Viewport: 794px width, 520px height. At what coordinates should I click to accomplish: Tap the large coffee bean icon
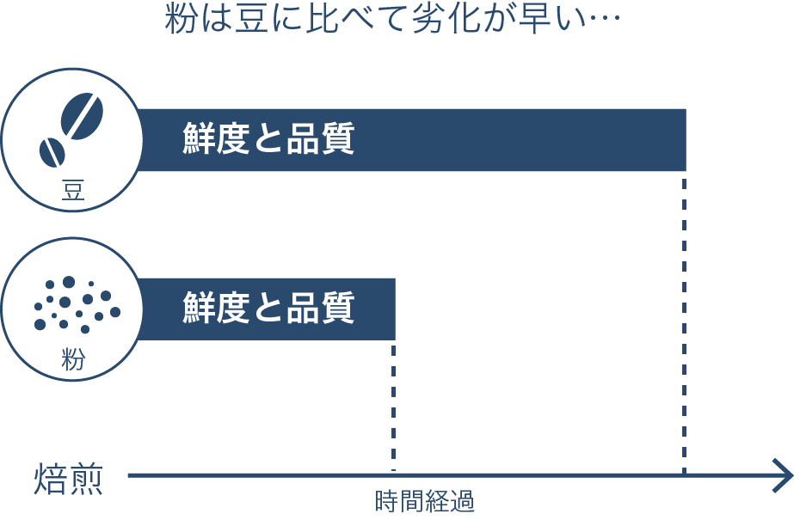(x=82, y=115)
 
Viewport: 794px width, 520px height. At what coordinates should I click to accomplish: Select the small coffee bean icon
(x=52, y=152)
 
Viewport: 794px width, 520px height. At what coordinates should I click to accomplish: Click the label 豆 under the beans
(x=73, y=190)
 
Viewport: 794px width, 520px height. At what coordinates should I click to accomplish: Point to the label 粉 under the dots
(x=73, y=359)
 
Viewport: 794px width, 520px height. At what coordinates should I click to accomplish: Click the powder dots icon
(x=77, y=304)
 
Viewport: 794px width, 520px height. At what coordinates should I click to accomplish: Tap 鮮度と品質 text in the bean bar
(x=268, y=138)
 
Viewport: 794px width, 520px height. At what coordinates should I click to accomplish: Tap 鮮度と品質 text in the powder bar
(x=268, y=307)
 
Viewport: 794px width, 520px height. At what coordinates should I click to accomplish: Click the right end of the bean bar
(x=686, y=140)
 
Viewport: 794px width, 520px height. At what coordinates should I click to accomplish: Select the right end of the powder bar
(x=395, y=309)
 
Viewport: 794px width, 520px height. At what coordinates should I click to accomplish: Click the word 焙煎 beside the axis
(x=68, y=479)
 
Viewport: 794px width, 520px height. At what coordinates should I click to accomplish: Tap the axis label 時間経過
(x=424, y=501)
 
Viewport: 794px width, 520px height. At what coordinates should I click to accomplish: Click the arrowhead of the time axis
(x=783, y=475)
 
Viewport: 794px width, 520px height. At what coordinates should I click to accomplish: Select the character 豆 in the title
(x=251, y=21)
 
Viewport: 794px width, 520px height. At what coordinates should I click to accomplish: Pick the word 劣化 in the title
(x=445, y=21)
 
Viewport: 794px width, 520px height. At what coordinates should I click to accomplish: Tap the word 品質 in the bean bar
(x=321, y=138)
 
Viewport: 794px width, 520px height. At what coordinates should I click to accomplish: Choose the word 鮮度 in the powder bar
(x=216, y=307)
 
